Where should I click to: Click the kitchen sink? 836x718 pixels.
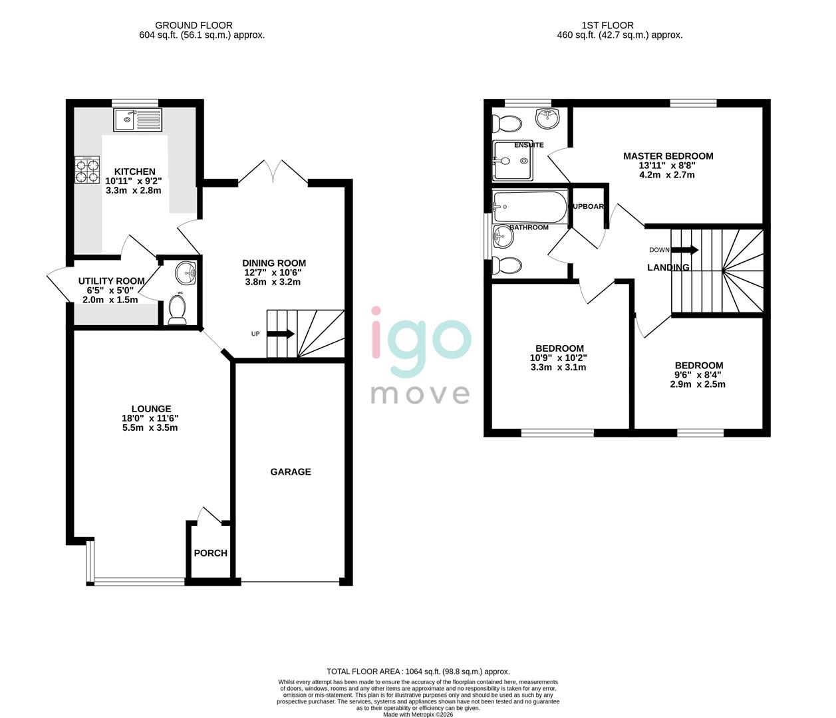pos(138,120)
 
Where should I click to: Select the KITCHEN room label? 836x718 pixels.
pos(134,172)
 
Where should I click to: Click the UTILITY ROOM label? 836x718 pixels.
pos(111,281)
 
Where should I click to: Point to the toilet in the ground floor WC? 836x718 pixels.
pos(178,310)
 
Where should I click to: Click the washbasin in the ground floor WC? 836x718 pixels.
pos(187,271)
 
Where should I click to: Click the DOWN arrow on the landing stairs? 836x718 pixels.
pos(684,250)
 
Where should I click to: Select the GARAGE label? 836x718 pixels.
pos(291,472)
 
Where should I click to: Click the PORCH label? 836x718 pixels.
pos(211,553)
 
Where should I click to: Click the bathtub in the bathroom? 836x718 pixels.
pos(529,205)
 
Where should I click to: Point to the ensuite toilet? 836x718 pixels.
pos(507,124)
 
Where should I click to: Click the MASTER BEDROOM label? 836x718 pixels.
pos(668,156)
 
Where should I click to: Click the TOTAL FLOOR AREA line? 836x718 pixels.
pos(418,671)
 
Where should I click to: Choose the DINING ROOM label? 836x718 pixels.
pos(274,263)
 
